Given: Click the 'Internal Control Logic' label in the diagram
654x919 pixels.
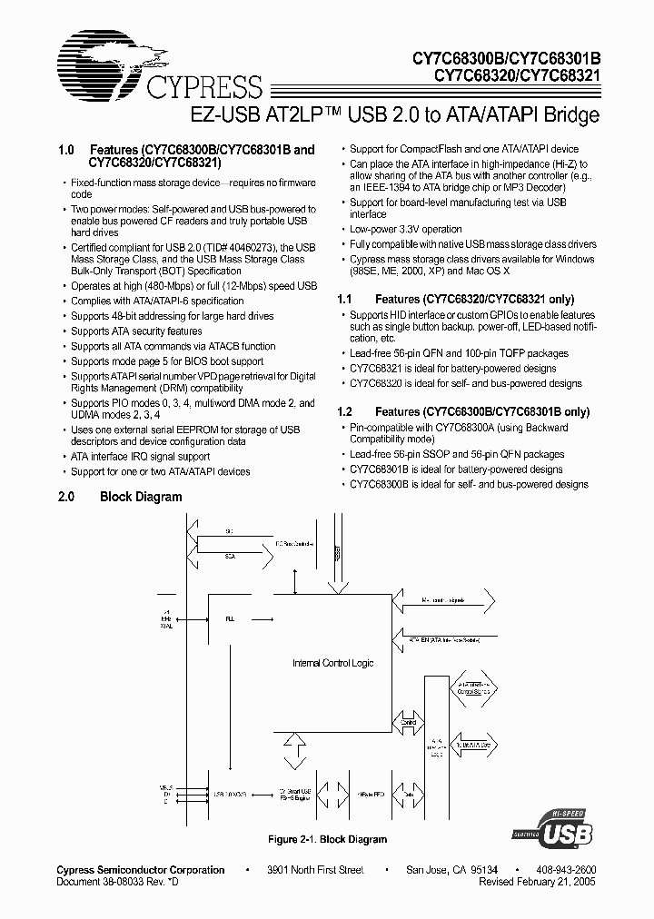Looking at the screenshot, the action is tap(332, 663).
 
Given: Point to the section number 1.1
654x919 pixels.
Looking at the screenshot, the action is tap(344, 299).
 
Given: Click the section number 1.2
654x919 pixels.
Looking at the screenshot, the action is tap(344, 411).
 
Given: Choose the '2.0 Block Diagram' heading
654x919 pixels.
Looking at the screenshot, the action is tap(120, 497).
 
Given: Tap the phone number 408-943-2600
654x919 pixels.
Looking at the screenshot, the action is tap(566, 869).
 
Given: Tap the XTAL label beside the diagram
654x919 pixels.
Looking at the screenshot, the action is tap(166, 627).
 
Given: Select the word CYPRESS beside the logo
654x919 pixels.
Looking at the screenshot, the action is tap(203, 87).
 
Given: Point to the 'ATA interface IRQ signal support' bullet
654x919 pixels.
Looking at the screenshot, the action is tap(140, 457).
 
